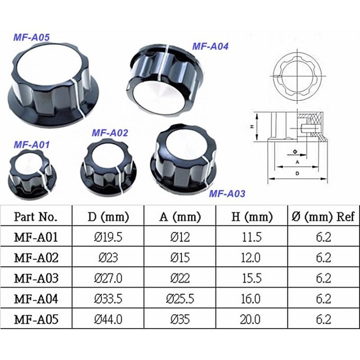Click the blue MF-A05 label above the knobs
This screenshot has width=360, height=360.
(31, 38)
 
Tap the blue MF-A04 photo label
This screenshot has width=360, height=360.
(210, 46)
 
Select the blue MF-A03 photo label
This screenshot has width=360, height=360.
(227, 194)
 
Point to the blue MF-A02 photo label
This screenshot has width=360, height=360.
(110, 133)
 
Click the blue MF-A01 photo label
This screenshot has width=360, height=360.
(32, 145)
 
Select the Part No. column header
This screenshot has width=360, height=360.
(35, 217)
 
